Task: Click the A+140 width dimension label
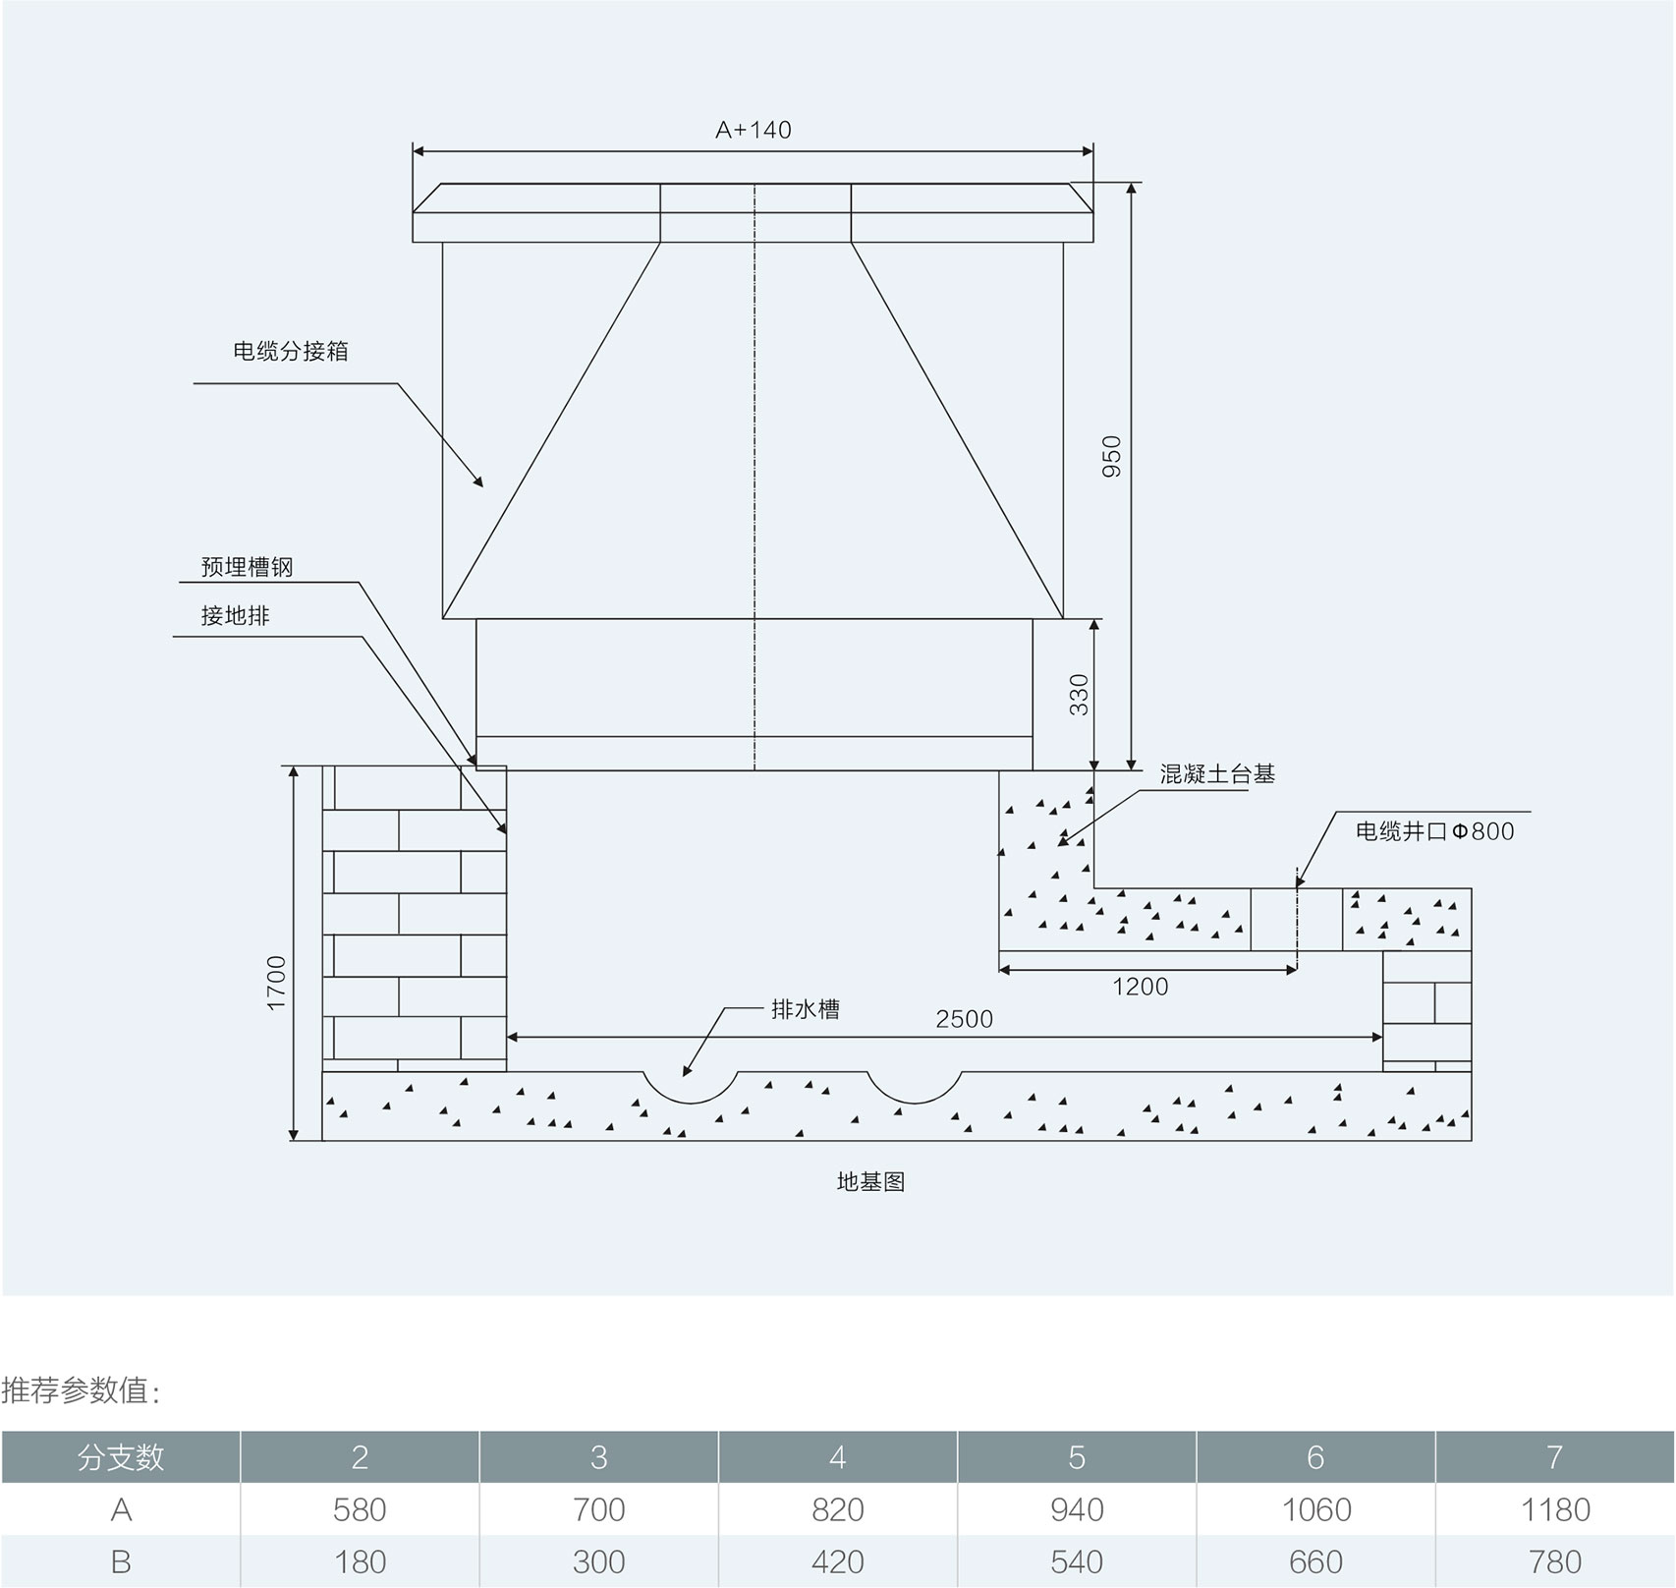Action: tap(753, 130)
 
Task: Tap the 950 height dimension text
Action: tap(1111, 456)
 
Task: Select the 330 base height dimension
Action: tap(1079, 694)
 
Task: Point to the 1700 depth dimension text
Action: tap(276, 982)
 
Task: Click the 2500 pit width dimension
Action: tap(964, 1019)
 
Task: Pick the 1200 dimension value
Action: tap(1140, 987)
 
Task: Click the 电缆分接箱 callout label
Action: tap(291, 351)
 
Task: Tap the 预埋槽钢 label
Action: tap(247, 567)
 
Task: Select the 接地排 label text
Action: tap(235, 616)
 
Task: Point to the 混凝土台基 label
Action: tap(1217, 774)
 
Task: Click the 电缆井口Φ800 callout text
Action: tap(1434, 831)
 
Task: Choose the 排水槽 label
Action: tap(806, 1009)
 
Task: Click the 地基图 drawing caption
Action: tap(870, 1182)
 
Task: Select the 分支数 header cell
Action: tap(121, 1457)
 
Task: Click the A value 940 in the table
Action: tap(1077, 1509)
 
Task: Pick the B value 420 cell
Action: tap(838, 1561)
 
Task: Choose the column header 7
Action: tap(1554, 1457)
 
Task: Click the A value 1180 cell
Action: tap(1554, 1509)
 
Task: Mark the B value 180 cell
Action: tap(360, 1561)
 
